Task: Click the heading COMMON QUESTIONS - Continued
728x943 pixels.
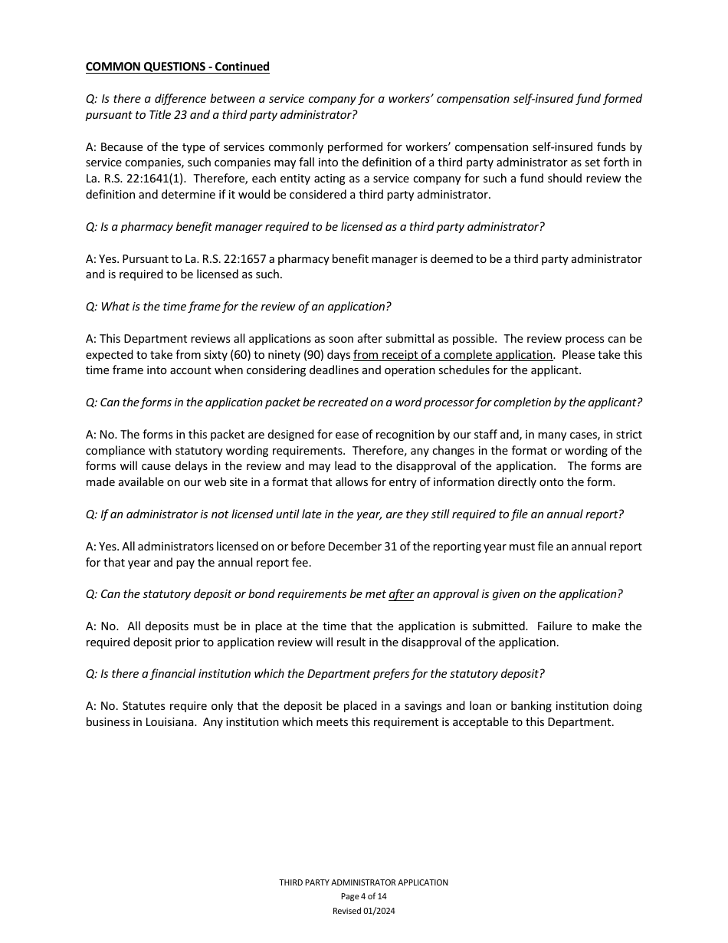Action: pyautogui.click(x=177, y=67)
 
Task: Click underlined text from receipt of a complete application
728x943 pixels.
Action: pyautogui.click(x=453, y=355)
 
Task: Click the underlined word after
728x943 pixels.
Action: pyautogui.click(x=401, y=594)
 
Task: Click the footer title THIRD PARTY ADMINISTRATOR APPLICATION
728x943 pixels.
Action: pyautogui.click(x=363, y=882)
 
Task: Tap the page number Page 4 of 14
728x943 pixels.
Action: pyautogui.click(x=363, y=896)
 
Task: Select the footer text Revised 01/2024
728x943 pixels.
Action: pyautogui.click(x=363, y=911)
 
